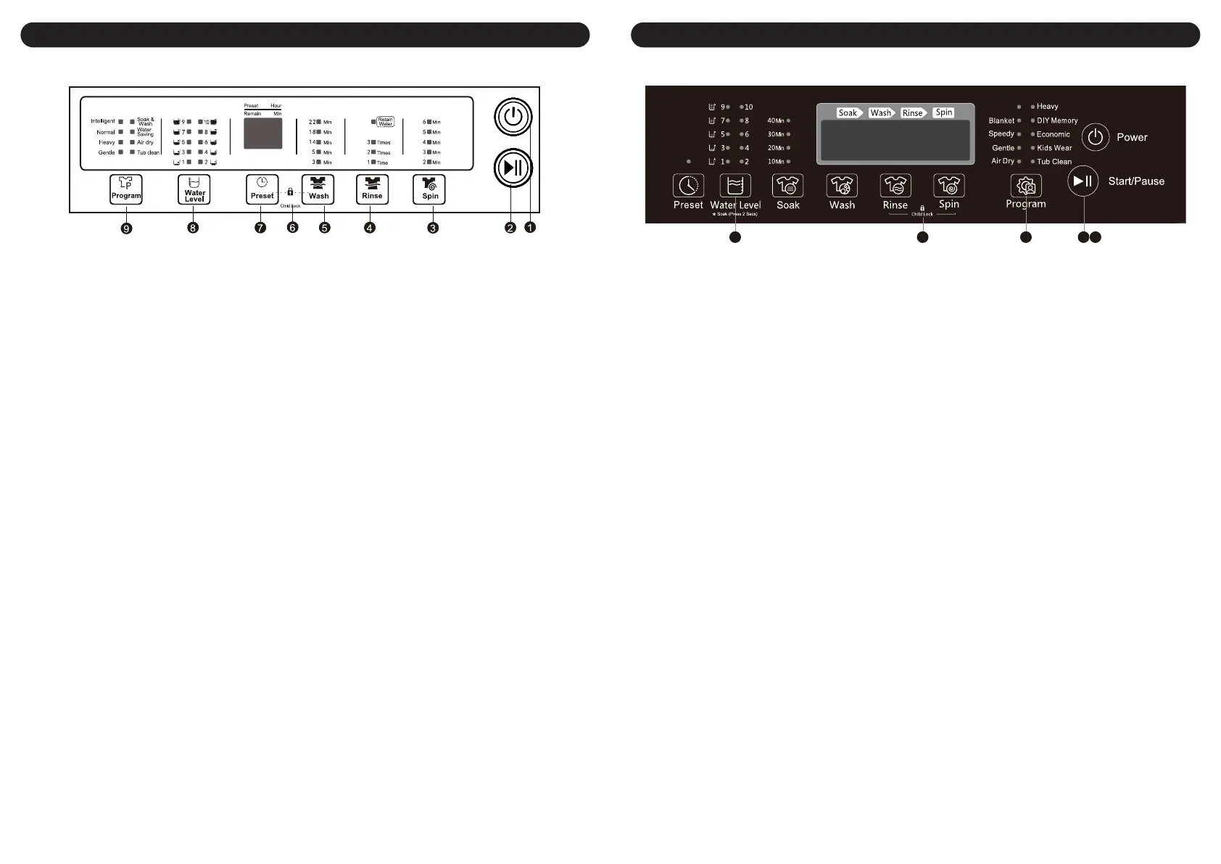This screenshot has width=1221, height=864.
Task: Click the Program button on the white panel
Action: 126,189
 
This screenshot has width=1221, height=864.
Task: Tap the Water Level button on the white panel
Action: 194,189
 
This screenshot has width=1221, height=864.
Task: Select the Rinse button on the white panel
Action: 372,189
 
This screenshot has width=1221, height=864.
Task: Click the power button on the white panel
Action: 513,117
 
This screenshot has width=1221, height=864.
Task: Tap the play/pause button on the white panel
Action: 513,168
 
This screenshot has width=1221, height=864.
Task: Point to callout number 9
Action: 127,229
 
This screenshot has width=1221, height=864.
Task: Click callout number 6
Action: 293,228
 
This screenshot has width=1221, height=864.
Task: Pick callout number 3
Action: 433,228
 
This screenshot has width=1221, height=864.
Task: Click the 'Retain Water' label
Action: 385,122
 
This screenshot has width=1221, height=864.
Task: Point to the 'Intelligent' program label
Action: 103,121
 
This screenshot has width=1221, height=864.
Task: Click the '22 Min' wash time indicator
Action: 320,122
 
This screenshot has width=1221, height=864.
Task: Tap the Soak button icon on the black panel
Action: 787,186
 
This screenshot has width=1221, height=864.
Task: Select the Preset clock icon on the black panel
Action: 688,186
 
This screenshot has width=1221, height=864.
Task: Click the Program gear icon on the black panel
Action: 1026,186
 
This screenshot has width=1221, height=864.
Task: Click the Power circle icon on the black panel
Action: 1096,137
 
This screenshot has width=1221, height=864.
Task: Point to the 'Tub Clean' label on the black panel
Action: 1054,162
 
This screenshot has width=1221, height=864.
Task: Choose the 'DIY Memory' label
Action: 1056,120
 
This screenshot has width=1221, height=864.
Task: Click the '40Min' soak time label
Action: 776,120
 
